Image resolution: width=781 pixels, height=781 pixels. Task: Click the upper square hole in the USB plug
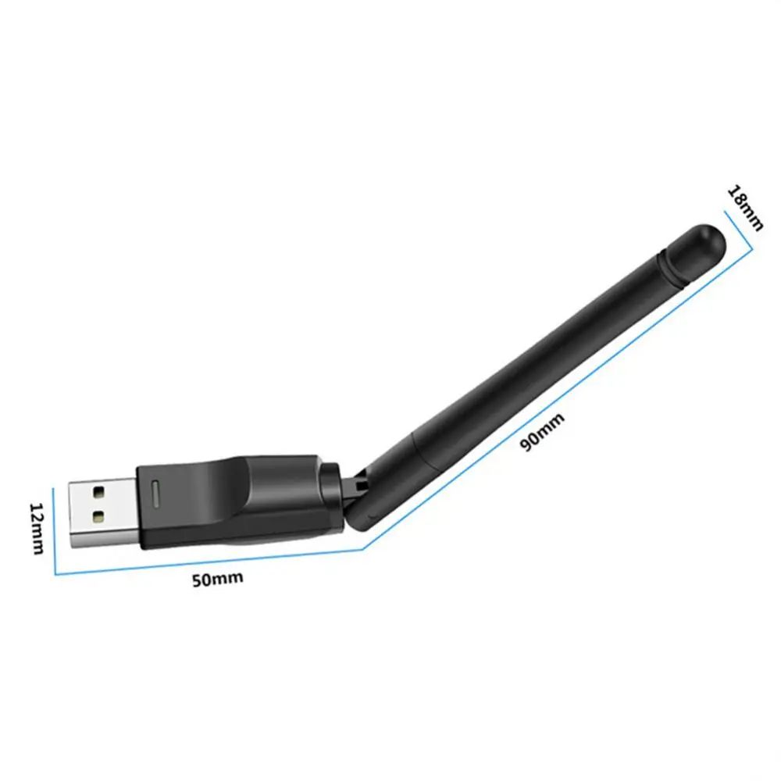point(99,494)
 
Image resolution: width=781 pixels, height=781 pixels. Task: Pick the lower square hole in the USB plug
point(99,516)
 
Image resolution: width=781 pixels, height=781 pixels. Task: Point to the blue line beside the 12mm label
point(54,531)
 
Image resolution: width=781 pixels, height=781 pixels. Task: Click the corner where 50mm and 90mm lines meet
point(364,548)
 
